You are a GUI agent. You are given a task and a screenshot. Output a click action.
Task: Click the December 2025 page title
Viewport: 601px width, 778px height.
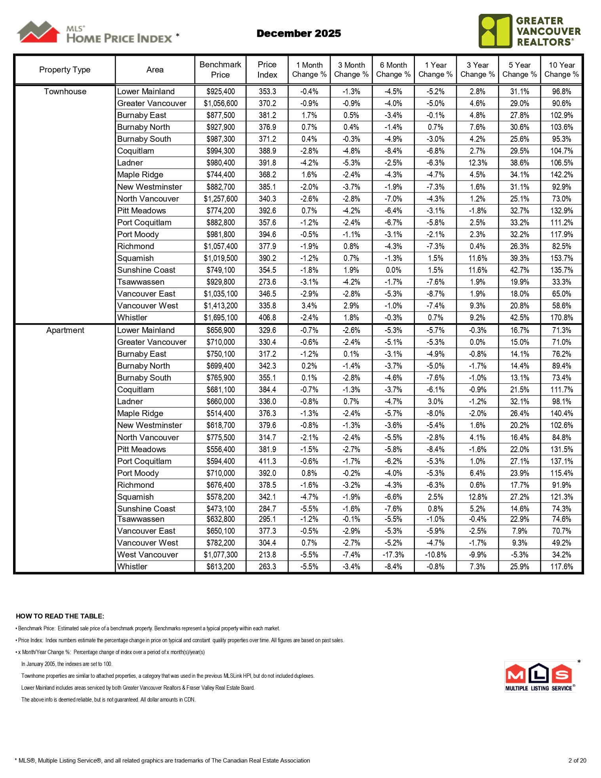point(299,33)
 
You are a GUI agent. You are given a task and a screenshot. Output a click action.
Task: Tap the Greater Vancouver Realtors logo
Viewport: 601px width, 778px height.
point(529,31)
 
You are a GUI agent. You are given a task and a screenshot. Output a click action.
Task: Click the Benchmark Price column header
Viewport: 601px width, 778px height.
point(220,70)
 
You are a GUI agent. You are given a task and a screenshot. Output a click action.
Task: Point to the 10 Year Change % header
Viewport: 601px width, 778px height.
point(561,70)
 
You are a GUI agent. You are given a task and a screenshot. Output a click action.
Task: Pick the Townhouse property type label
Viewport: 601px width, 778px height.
point(65,91)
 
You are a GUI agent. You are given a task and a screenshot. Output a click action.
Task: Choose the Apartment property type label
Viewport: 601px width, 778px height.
point(65,330)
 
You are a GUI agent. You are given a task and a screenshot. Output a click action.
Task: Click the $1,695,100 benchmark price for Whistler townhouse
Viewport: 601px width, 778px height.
point(221,318)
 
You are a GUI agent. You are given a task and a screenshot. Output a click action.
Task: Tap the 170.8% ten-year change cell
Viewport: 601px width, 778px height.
point(561,318)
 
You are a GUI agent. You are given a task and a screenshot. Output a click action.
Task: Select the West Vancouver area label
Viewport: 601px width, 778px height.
point(148,555)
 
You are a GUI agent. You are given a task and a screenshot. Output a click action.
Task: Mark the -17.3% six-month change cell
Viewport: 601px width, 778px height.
point(393,555)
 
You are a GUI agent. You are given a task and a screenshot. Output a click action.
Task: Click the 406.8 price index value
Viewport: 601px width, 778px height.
point(267,318)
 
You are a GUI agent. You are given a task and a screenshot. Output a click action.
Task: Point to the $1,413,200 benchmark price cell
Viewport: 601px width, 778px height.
point(221,306)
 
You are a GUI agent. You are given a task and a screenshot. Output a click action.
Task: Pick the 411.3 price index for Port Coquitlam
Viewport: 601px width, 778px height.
point(267,461)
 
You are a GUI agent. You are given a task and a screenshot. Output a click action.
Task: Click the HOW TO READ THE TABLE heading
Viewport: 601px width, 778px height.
point(60,616)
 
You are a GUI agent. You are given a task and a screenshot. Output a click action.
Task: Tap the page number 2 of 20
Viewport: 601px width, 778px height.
point(577,760)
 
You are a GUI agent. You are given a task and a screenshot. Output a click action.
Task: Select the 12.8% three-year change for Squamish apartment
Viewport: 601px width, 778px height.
point(477,497)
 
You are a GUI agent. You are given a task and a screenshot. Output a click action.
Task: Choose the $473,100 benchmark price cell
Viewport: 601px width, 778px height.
point(221,509)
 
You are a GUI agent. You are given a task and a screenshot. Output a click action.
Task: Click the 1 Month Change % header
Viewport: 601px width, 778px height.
point(309,70)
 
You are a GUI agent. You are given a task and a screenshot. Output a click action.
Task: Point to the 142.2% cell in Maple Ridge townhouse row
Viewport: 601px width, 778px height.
point(561,175)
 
